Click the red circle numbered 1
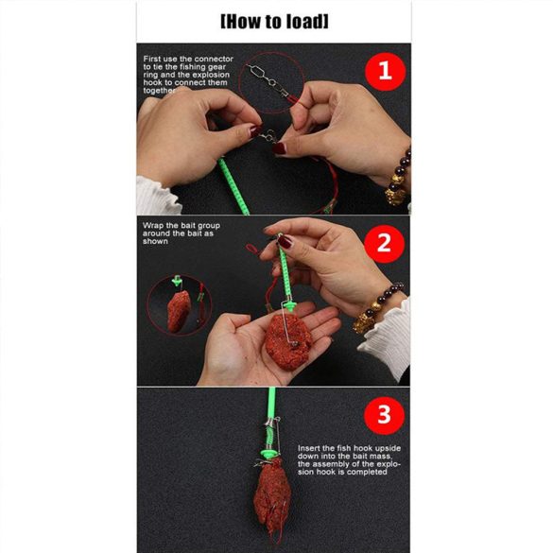pyautogui.click(x=385, y=72)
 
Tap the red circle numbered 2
pyautogui.click(x=384, y=244)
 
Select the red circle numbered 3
pyautogui.click(x=384, y=415)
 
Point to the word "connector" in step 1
pyautogui.click(x=214, y=59)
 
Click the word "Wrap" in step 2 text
pyautogui.click(x=152, y=226)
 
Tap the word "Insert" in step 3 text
pyautogui.click(x=309, y=448)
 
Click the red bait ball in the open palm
pyautogui.click(x=288, y=341)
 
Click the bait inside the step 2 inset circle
pyautogui.click(x=179, y=311)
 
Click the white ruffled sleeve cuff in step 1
pyautogui.click(x=158, y=196)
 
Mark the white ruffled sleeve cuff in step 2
pyautogui.click(x=387, y=339)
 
